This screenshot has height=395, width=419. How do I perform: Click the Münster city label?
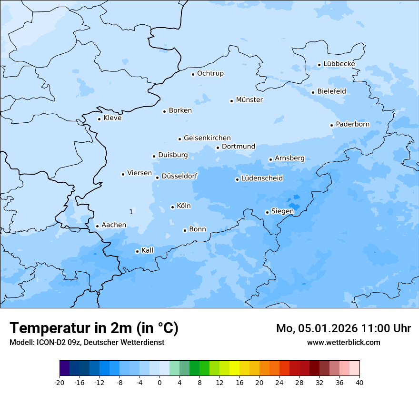point(249,100)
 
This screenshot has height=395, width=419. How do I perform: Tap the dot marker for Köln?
point(172,207)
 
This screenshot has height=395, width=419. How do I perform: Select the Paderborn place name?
point(352,124)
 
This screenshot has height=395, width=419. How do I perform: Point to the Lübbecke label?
point(339,64)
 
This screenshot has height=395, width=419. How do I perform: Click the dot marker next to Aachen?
point(97,227)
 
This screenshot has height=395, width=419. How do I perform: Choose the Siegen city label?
point(282,211)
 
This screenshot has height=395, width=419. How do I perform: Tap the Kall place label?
point(147,250)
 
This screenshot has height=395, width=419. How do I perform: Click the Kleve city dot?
point(99,119)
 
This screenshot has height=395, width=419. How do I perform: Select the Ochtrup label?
point(210,73)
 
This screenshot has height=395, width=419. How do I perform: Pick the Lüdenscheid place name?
point(262,178)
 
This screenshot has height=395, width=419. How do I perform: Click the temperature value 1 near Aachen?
point(131,211)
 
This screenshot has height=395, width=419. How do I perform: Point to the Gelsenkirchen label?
point(207,138)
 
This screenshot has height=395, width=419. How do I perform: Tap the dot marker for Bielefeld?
point(313,92)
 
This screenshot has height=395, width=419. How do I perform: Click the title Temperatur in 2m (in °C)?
point(94,328)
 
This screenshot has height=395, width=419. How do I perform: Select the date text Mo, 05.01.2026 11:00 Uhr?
point(343,328)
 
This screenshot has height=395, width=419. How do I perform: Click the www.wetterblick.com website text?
point(343,342)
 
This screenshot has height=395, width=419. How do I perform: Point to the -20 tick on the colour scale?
point(60,382)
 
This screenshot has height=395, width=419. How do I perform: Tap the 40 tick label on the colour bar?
point(359,382)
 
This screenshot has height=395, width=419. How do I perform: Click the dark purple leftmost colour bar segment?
point(64,368)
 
